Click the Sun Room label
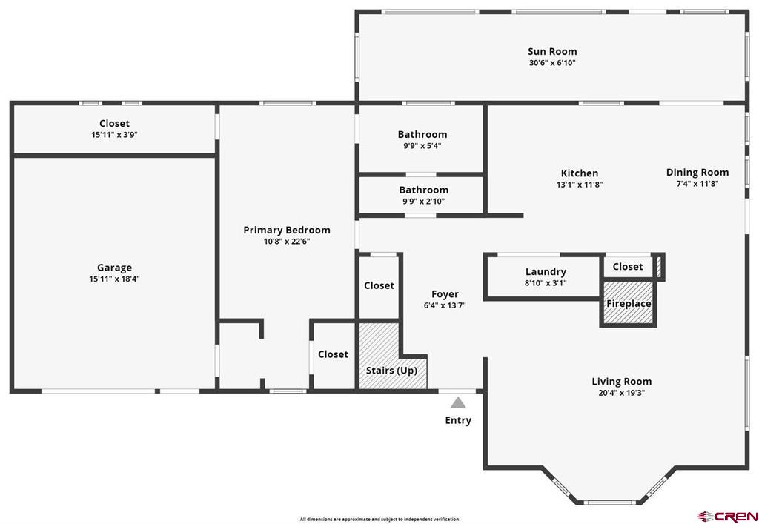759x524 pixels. tap(552, 51)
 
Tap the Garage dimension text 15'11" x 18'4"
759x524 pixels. tap(114, 279)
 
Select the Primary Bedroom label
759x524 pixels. tap(287, 230)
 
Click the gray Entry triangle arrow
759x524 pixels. tap(458, 402)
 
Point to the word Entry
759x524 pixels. tap(458, 420)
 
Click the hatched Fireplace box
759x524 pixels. tap(629, 303)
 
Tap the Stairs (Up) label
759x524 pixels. tap(391, 371)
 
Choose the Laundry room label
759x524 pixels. tap(546, 272)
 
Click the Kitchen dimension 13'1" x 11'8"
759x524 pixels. tap(580, 185)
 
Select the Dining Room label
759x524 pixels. tap(697, 172)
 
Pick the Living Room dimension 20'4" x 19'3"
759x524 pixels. tap(622, 393)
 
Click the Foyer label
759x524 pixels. tap(445, 294)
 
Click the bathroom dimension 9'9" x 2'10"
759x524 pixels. tap(423, 202)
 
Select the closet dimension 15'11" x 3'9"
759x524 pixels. tap(114, 134)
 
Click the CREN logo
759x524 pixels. tap(728, 517)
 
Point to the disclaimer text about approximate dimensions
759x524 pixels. tap(379, 519)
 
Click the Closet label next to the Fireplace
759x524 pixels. tap(628, 267)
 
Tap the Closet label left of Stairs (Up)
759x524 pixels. tap(333, 354)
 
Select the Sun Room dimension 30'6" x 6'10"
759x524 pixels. tap(552, 63)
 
